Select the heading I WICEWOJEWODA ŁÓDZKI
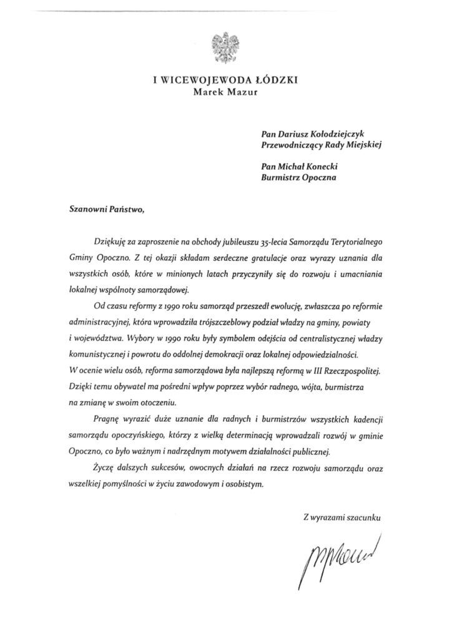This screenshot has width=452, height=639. click(x=226, y=80)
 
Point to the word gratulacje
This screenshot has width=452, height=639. click(x=263, y=257)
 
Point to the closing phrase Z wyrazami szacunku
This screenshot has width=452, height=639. click(x=341, y=517)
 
